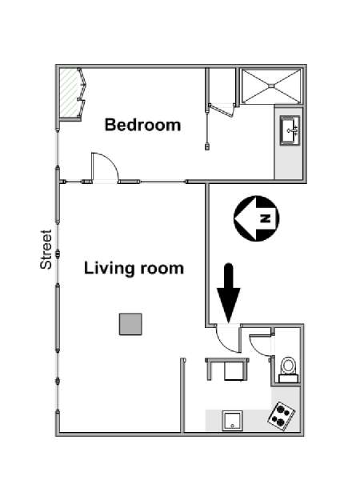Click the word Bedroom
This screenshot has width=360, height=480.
click(x=142, y=125)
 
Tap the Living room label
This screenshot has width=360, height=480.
click(x=134, y=268)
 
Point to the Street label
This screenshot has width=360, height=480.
click(x=46, y=250)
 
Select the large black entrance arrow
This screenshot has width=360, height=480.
click(x=229, y=292)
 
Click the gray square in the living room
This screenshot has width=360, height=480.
click(x=130, y=324)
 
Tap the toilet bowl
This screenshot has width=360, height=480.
click(x=288, y=366)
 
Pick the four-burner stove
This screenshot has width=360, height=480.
click(x=282, y=415)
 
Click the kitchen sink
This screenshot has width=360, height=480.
click(x=232, y=421)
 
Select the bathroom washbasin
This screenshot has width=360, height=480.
click(x=290, y=130)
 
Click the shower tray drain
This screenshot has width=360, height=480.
click(x=271, y=86)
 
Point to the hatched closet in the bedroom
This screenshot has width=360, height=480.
click(x=68, y=93)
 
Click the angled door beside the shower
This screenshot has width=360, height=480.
click(x=221, y=110)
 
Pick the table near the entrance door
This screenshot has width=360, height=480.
click(x=227, y=369)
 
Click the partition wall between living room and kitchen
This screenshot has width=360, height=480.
click(x=183, y=395)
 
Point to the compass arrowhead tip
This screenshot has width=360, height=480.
click(x=234, y=218)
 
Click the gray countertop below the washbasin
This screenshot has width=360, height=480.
click(x=289, y=162)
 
